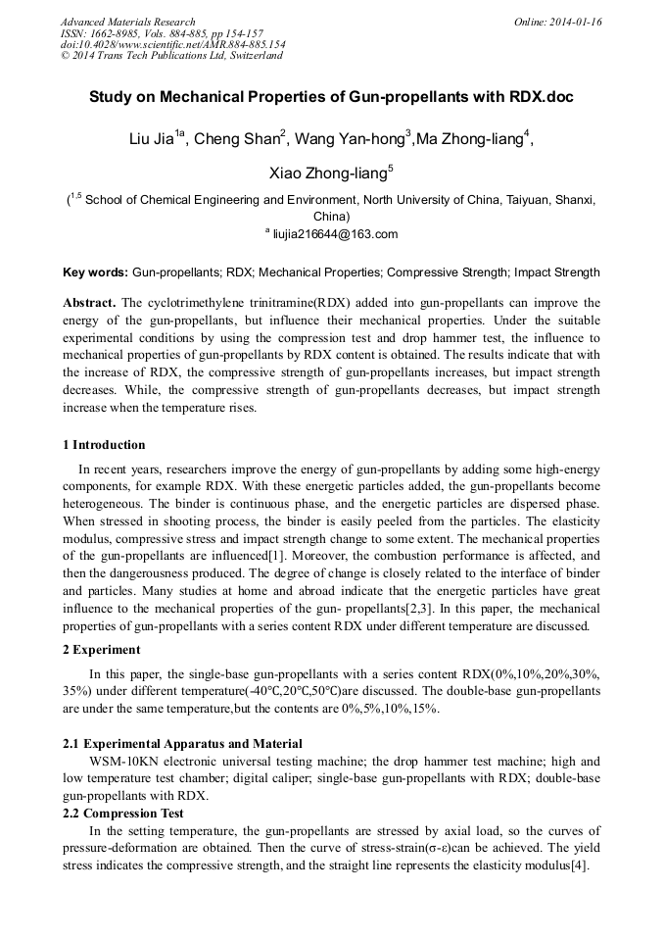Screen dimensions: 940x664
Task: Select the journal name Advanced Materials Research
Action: (x=127, y=22)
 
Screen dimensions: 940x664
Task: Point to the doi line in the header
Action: (x=172, y=44)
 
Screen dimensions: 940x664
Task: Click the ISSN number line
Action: (x=161, y=33)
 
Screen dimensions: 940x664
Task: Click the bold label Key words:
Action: (x=95, y=272)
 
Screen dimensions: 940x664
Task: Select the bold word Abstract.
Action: (x=90, y=303)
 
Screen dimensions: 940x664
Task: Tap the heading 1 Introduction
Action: (x=104, y=444)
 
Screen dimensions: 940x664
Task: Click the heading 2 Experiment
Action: (x=101, y=649)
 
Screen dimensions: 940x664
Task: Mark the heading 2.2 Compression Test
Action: (x=122, y=814)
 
